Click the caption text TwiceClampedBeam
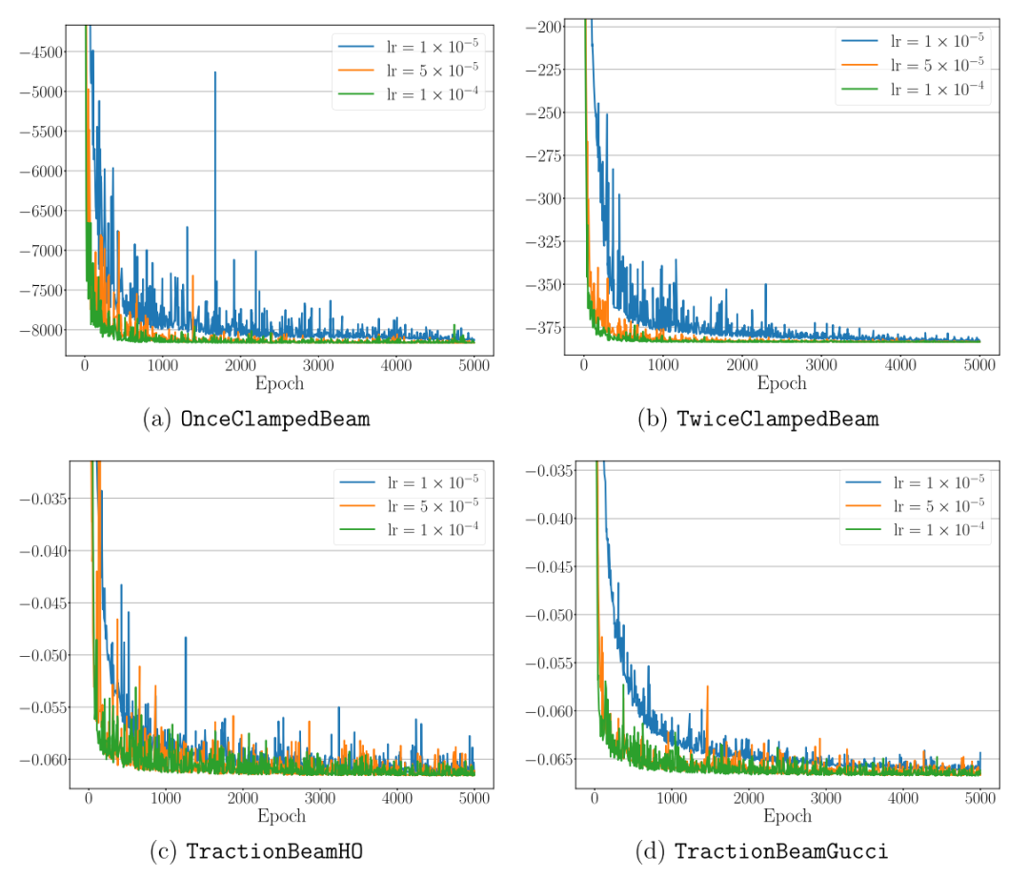tap(777, 419)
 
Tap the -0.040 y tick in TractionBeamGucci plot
tap(553, 519)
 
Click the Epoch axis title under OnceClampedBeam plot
tap(279, 384)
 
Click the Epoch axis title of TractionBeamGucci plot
tap(787, 816)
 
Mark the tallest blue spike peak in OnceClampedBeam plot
tap(215, 72)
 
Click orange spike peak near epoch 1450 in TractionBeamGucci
tap(708, 686)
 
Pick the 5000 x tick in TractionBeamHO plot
tap(474, 797)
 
